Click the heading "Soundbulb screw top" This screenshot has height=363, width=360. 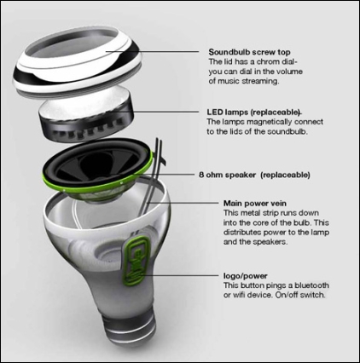249,52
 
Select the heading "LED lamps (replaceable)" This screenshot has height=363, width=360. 253,112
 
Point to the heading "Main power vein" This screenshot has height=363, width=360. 255,204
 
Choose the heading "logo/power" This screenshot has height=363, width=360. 245,276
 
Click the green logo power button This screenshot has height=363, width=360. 136,260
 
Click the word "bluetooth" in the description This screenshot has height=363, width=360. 311,285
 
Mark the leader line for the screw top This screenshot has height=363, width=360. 152,52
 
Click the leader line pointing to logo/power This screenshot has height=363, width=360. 180,275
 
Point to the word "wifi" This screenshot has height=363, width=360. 239,295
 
